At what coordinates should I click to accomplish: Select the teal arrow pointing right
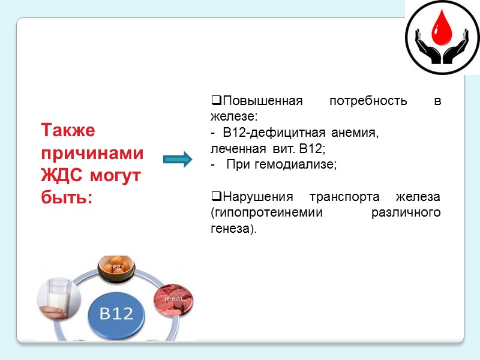click(178, 159)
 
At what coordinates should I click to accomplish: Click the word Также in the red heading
click(68, 130)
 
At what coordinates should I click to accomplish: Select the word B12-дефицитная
click(271, 133)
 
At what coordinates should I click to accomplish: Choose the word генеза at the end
click(230, 229)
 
